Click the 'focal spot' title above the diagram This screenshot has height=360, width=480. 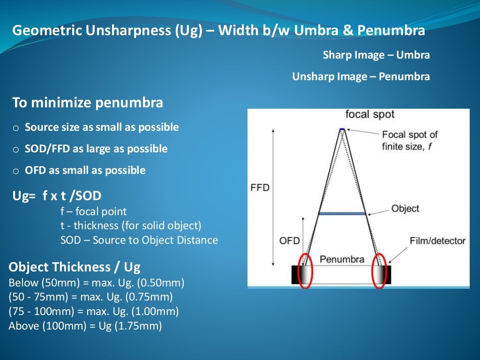point(370,114)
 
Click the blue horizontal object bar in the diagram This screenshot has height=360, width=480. point(342,213)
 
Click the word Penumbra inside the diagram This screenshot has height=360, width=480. point(342,259)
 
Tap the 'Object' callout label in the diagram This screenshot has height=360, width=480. point(405,209)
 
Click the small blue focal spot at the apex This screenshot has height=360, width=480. point(342,129)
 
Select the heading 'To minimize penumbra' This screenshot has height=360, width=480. point(88,103)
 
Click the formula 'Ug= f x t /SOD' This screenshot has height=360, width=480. point(57,196)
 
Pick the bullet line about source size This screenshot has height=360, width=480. point(102,127)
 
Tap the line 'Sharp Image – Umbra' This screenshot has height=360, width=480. point(376,55)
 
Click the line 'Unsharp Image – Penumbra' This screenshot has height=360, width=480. point(361,76)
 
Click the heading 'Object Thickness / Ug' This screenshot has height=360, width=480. point(75,267)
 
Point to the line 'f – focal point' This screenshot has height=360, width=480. point(94,211)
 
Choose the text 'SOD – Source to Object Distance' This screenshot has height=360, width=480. point(139,240)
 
